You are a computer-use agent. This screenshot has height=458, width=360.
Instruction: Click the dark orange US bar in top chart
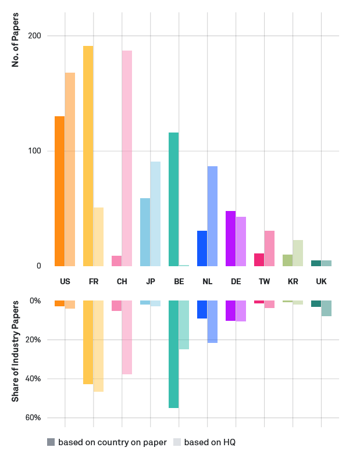[x=59, y=191]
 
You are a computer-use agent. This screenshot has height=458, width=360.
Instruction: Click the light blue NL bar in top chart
[x=212, y=216]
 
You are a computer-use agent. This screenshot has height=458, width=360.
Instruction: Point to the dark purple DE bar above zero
[x=230, y=238]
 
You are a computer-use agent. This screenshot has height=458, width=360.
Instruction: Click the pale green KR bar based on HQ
[x=298, y=253]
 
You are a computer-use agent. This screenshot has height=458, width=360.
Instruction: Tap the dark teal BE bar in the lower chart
[x=173, y=354]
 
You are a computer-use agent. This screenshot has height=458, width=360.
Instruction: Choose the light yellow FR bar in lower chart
[x=98, y=346]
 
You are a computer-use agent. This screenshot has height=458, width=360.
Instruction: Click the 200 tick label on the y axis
[x=35, y=36]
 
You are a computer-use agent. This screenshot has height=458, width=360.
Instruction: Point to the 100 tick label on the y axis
[x=35, y=151]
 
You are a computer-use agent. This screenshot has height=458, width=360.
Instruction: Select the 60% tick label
[x=33, y=418]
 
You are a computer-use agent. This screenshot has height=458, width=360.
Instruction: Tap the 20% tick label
[x=33, y=340]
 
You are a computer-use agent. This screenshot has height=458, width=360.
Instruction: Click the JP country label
[x=151, y=282]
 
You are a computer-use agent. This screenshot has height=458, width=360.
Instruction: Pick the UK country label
[x=321, y=282]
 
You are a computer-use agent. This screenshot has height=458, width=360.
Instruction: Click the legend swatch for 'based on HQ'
[x=177, y=442]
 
